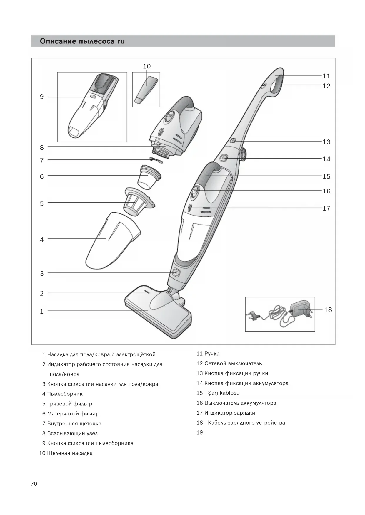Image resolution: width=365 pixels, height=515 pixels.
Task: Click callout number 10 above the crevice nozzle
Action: [x=146, y=66]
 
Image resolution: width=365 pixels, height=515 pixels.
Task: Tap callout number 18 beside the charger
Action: [x=328, y=310]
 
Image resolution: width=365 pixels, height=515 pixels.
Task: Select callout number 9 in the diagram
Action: [x=42, y=97]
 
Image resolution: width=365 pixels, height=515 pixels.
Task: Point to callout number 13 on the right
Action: [x=326, y=142]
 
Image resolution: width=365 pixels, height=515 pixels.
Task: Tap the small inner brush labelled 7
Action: [x=156, y=160]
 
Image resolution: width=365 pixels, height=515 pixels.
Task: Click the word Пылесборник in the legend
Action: [x=65, y=394]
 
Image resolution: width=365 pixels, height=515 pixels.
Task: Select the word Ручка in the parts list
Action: [x=212, y=354]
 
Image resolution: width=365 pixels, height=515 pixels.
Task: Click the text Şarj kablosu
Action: [x=224, y=393]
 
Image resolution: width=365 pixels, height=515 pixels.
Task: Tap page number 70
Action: [x=34, y=484]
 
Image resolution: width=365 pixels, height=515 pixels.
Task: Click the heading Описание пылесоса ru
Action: [x=82, y=41]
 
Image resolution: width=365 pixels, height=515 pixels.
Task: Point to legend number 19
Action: [x=200, y=432]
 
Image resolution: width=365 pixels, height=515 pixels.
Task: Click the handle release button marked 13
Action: [x=233, y=141]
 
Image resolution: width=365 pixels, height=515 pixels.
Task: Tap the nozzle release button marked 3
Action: [x=176, y=272]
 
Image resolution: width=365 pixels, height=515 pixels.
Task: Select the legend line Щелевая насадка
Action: [x=70, y=453]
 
